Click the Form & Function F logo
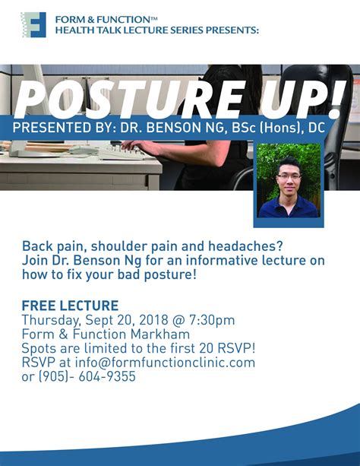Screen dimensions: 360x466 tap(33, 24)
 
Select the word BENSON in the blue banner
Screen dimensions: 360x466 tap(172, 128)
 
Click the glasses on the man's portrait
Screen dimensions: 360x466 tap(289, 177)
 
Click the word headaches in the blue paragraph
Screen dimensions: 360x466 tap(245, 246)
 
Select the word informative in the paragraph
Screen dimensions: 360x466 tap(222, 260)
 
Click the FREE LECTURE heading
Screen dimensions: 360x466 tap(70, 306)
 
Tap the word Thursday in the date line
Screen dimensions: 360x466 tap(51, 321)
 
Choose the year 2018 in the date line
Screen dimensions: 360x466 tap(153, 320)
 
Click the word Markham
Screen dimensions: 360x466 tap(160, 334)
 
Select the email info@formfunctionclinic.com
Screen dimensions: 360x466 tap(165, 363)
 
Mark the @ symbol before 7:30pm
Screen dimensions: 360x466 tap(178, 320)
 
